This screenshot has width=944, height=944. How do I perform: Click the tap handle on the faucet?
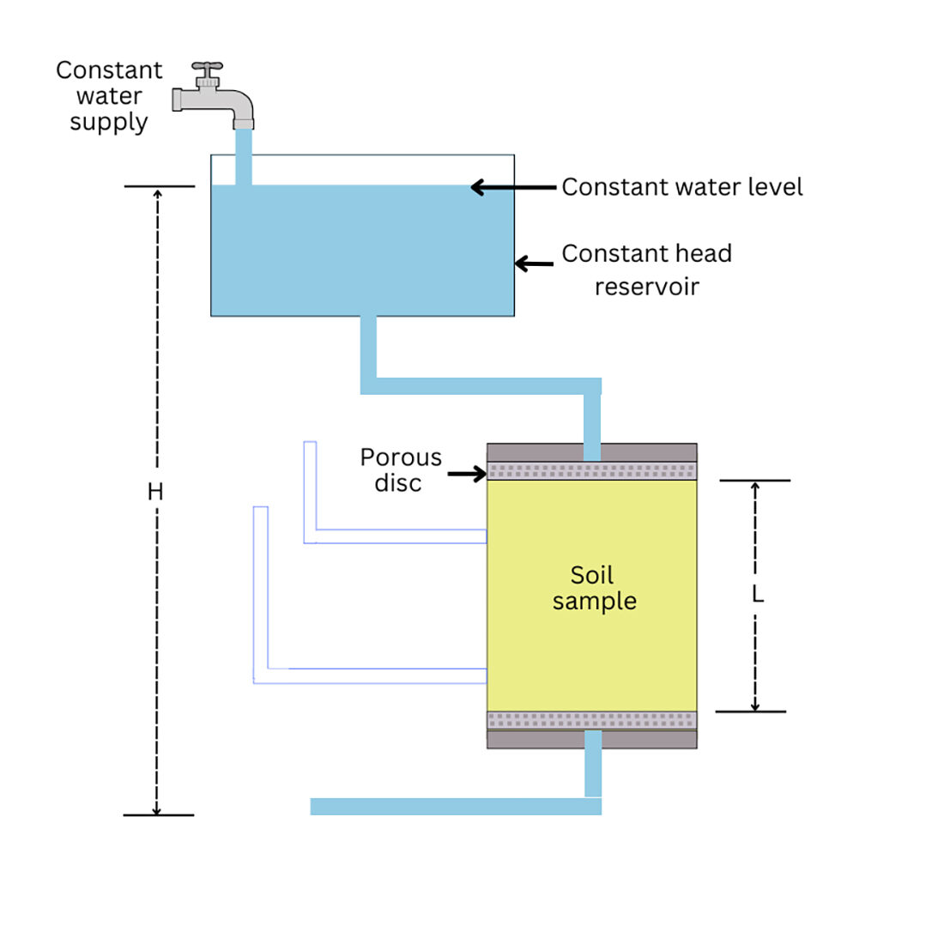[x=207, y=67]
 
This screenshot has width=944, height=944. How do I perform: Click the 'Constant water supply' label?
[x=109, y=95]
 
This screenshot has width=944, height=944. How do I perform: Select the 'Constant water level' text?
[x=682, y=187]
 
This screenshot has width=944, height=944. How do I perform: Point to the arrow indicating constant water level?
[x=513, y=187]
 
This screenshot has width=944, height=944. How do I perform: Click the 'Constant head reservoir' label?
[x=647, y=269]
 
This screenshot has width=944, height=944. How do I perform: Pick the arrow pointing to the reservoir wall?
[x=534, y=264]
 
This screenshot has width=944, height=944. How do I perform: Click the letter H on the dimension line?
[x=155, y=492]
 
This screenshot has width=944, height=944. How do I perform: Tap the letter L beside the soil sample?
[x=757, y=594]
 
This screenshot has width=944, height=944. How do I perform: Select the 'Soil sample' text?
[x=593, y=588]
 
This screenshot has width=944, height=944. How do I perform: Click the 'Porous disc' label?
[x=400, y=469]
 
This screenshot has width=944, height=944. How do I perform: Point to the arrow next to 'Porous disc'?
[x=467, y=473]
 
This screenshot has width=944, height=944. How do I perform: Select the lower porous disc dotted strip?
[x=592, y=720]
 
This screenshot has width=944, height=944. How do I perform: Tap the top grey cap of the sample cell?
[x=532, y=452]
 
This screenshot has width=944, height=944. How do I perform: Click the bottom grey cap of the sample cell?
[x=532, y=739]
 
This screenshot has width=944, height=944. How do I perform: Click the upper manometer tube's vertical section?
[x=310, y=489]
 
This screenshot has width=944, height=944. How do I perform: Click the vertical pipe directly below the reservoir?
[x=368, y=348]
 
